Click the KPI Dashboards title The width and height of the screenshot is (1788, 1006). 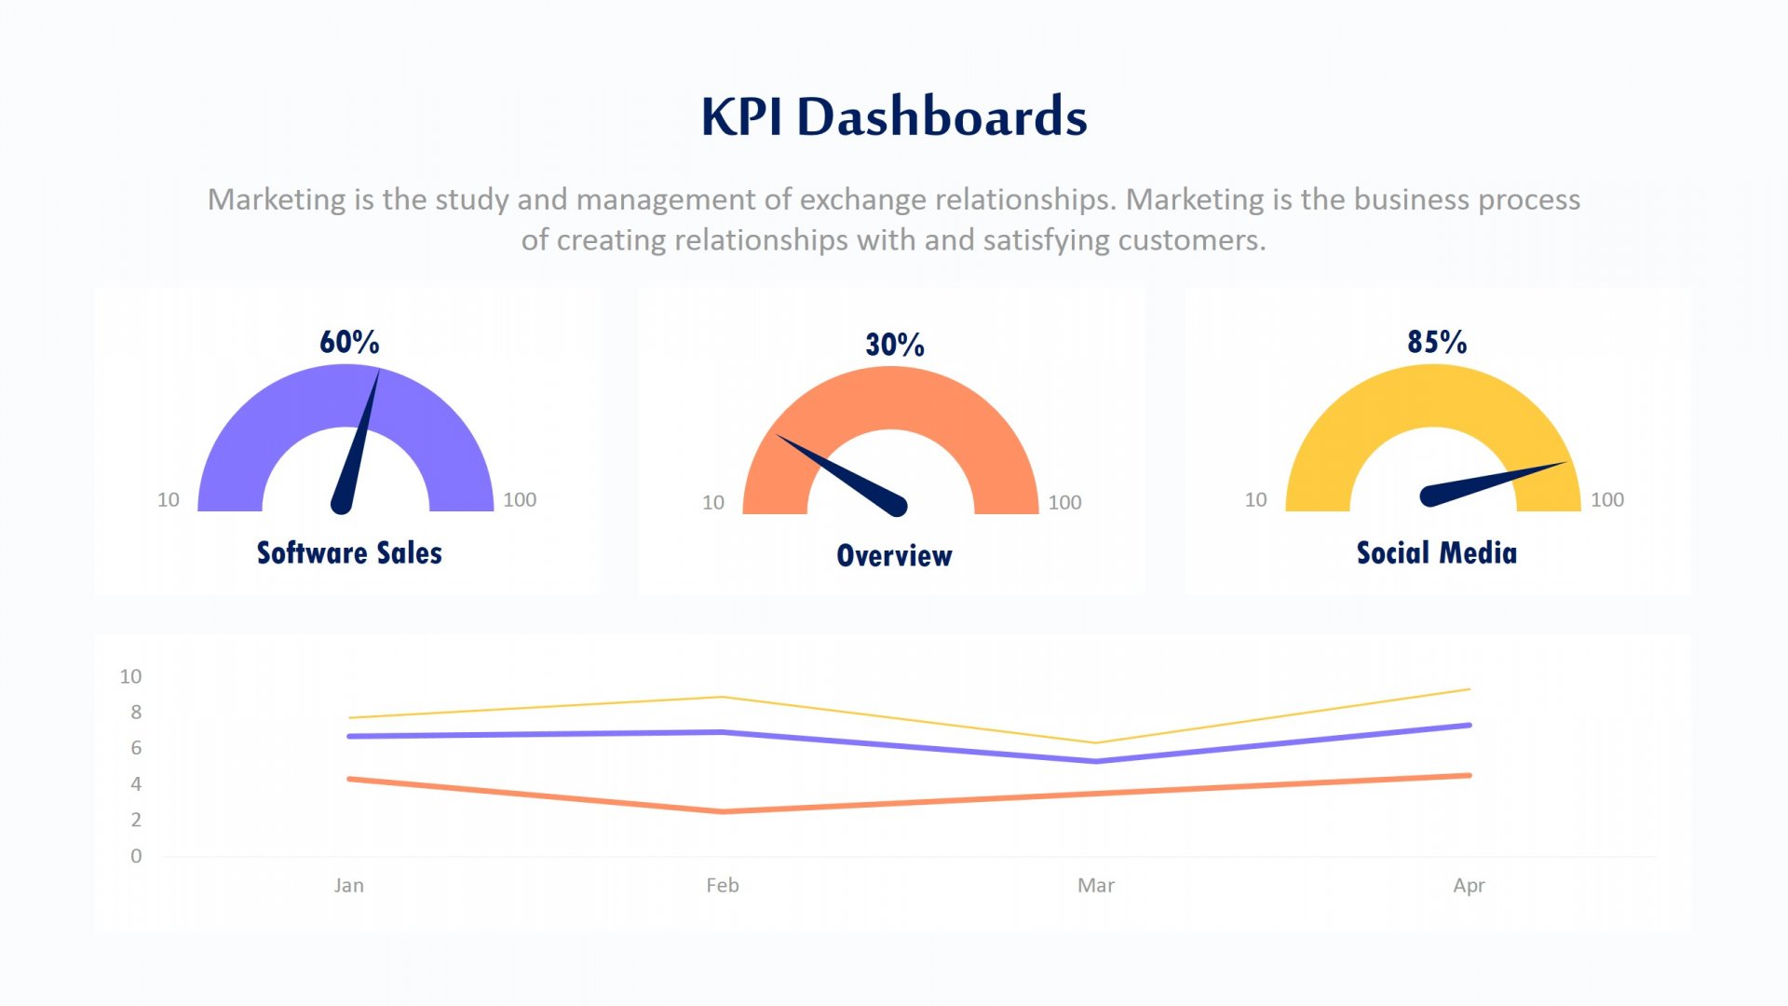pyautogui.click(x=894, y=116)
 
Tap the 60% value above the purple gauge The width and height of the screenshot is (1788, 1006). pyautogui.click(x=349, y=342)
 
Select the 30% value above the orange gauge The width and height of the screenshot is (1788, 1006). pyautogui.click(x=895, y=345)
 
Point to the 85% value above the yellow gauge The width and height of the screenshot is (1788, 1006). pyautogui.click(x=1437, y=342)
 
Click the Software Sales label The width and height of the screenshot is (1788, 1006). pyautogui.click(x=349, y=553)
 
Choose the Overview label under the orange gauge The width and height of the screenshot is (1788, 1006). pyautogui.click(x=894, y=556)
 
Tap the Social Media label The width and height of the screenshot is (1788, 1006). pyautogui.click(x=1436, y=553)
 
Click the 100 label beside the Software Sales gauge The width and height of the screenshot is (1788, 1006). pyautogui.click(x=520, y=500)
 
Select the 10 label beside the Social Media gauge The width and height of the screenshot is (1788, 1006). pyautogui.click(x=1255, y=500)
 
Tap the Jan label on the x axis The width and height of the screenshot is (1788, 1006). pyautogui.click(x=349, y=886)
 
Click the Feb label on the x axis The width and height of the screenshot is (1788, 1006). pyautogui.click(x=723, y=886)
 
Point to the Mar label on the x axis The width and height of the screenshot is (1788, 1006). pyautogui.click(x=1096, y=886)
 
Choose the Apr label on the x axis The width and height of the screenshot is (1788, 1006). pyautogui.click(x=1469, y=886)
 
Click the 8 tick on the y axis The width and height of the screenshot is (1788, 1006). pyautogui.click(x=136, y=713)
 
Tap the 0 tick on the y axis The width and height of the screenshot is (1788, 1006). pyautogui.click(x=136, y=856)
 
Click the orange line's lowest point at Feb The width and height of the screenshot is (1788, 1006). pyautogui.click(x=723, y=811)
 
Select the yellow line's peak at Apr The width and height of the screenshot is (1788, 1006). pyautogui.click(x=1469, y=689)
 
